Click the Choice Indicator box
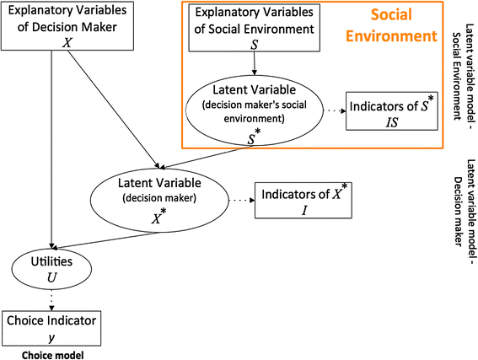(x=52, y=326)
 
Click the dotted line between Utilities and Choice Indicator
(x=53, y=298)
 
